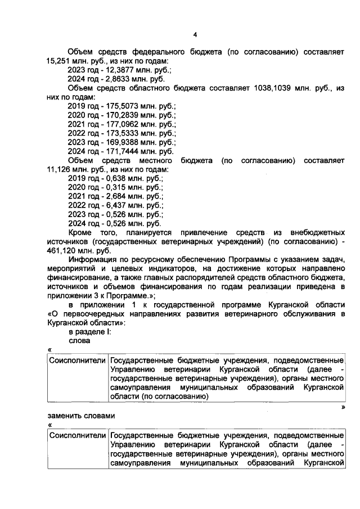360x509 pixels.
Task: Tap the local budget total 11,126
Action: [60, 169]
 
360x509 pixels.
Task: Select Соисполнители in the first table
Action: [77, 360]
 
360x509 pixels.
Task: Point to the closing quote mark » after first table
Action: [342, 406]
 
